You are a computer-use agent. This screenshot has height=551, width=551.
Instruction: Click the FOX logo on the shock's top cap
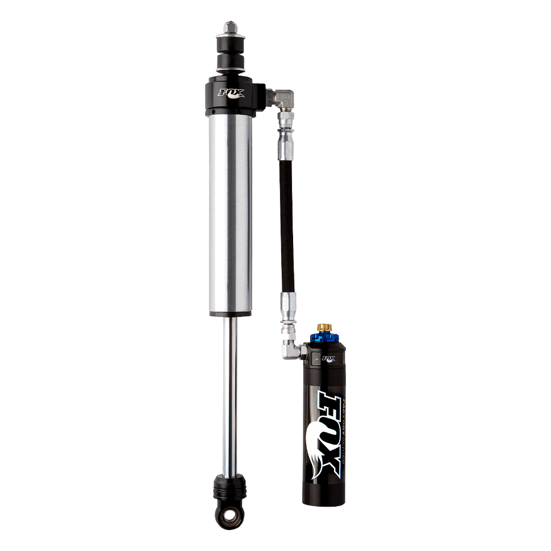pyautogui.click(x=232, y=91)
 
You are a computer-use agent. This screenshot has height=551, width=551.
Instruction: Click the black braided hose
pyautogui.click(x=287, y=216)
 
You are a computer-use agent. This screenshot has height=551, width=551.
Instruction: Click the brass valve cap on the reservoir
pyautogui.click(x=325, y=328)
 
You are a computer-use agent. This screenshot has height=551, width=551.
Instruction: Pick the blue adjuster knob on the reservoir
pyautogui.click(x=325, y=338)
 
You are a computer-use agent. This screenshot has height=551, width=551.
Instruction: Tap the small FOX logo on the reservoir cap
pyautogui.click(x=328, y=358)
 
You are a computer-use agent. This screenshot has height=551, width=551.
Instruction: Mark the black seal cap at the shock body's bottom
pyautogui.click(x=229, y=313)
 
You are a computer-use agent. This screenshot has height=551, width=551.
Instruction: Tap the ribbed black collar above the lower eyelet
pyautogui.click(x=229, y=489)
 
